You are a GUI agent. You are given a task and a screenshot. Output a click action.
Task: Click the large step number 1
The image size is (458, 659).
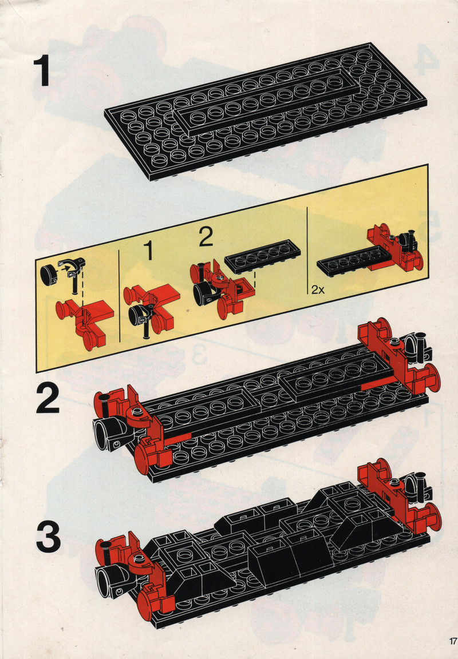(42, 72)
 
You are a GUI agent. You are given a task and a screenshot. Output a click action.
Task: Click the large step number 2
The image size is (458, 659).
(47, 398)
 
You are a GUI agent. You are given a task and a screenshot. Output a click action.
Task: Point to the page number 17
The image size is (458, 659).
(452, 641)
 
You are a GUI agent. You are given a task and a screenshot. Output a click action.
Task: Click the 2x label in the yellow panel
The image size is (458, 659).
(318, 289)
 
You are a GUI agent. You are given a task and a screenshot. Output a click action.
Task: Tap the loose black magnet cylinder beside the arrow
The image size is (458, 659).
(49, 276)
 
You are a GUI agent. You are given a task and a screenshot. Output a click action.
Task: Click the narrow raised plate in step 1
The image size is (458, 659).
(266, 101)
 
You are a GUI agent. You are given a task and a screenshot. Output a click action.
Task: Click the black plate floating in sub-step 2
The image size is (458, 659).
(262, 256)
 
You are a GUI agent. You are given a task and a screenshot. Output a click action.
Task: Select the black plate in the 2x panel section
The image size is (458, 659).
(353, 261)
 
